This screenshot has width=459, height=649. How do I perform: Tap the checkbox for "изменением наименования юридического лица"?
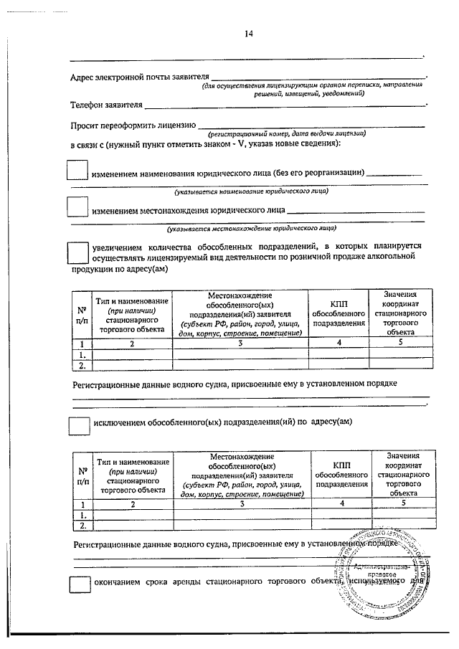(77, 171)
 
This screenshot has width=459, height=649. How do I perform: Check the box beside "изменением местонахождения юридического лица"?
(77, 208)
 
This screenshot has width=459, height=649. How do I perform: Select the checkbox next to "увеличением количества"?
(77, 252)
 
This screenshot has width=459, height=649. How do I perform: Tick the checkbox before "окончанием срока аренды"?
(77, 586)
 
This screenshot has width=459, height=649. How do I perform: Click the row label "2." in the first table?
(82, 364)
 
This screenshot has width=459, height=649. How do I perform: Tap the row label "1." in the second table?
(82, 515)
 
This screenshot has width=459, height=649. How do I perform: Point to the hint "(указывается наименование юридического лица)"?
(252, 192)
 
